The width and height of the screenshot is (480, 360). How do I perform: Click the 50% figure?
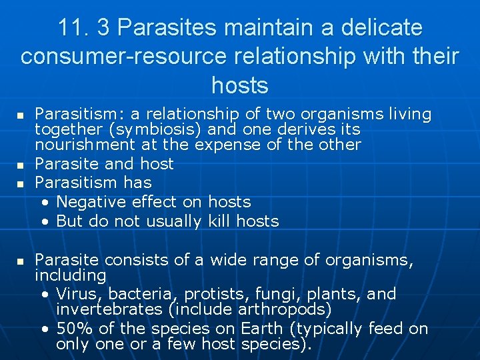tap(71, 329)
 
